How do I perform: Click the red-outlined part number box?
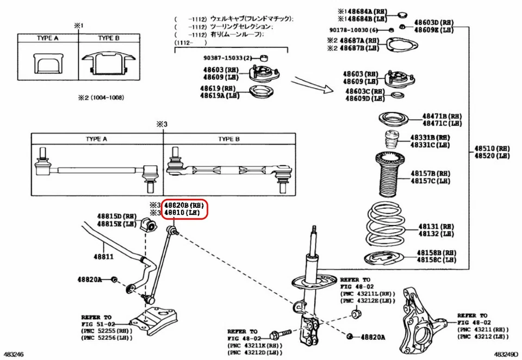click(186, 209)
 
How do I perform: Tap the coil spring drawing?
click(388, 226)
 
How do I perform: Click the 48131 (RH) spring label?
click(436, 226)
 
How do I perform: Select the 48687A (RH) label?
click(359, 41)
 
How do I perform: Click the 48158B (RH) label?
click(436, 253)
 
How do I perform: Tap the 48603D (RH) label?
click(434, 23)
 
